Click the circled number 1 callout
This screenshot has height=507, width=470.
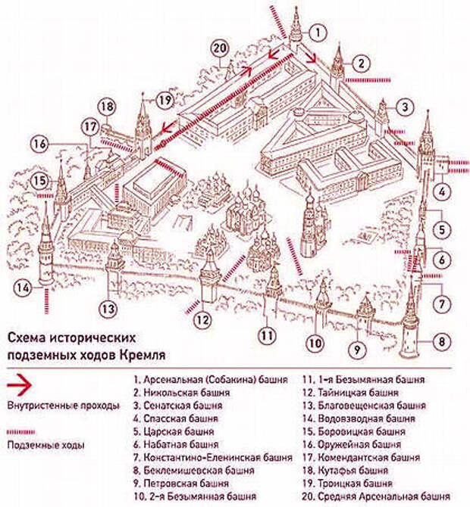[320, 32]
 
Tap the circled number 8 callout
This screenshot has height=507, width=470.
[442, 341]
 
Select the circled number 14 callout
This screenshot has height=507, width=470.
[25, 287]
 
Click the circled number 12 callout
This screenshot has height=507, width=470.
[201, 319]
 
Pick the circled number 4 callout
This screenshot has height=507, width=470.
[442, 190]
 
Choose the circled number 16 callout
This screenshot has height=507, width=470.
[40, 143]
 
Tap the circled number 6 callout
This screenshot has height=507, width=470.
[442, 260]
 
